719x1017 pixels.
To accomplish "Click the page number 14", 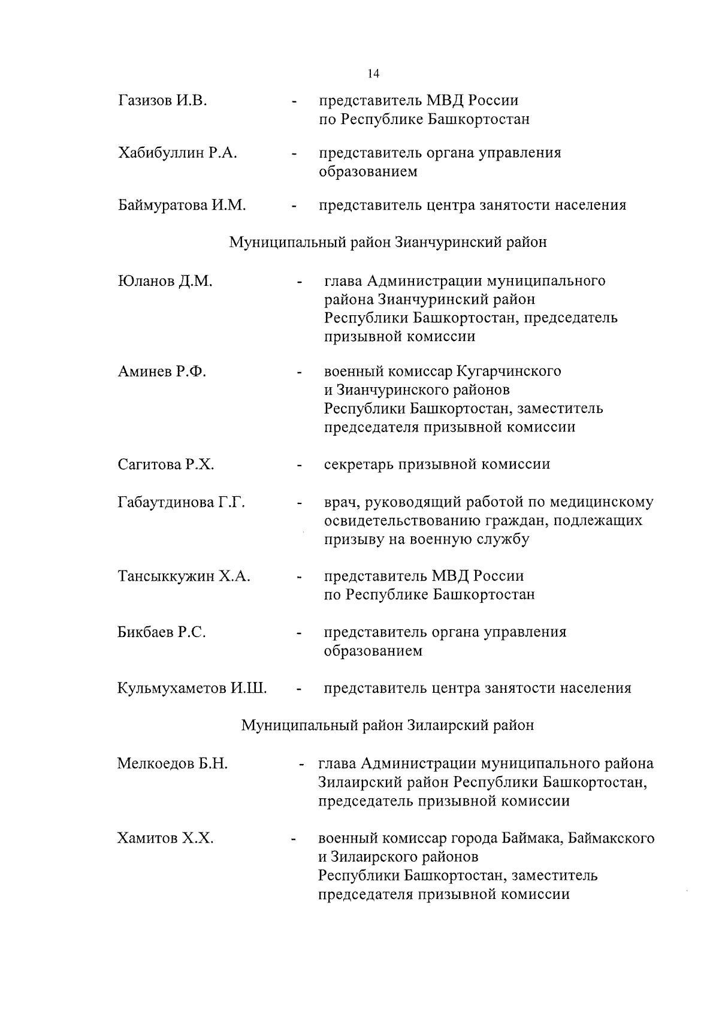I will point(373,74).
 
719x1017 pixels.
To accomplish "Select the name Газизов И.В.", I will point(162,101).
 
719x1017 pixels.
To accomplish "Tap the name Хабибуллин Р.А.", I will point(177,153).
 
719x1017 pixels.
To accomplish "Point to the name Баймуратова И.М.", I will point(182,206).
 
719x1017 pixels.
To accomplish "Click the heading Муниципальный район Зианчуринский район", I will point(388,243).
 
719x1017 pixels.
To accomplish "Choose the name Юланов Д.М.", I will point(165,281).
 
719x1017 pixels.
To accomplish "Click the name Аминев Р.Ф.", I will point(162,372).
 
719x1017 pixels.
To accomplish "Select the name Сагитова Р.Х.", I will point(165,464).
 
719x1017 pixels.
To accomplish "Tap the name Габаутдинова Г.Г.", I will point(181,502).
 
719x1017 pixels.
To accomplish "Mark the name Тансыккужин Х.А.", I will point(183,577).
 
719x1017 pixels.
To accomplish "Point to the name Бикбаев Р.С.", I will point(162,632).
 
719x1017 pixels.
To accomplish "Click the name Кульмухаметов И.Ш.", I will point(192,688).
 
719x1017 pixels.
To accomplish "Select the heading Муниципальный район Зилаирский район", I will point(388,726).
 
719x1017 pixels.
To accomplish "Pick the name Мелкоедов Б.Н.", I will point(173,764).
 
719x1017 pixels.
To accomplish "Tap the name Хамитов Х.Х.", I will point(165,838).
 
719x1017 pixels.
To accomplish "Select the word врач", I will point(342,502).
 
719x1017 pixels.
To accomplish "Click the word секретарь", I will point(358,464).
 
